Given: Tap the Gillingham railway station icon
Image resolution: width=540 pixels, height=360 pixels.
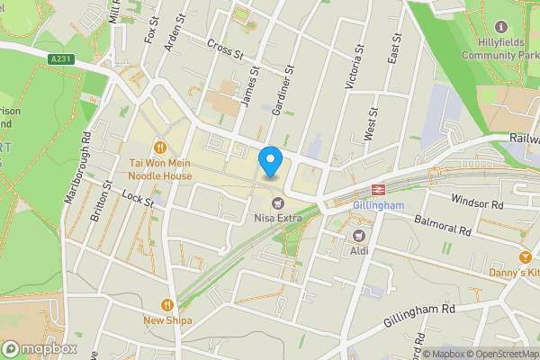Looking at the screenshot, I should coord(378,190).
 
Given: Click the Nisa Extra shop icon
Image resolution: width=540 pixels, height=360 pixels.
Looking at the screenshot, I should coord(277,202).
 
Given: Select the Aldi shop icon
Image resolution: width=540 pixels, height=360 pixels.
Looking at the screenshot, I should coord(358,235).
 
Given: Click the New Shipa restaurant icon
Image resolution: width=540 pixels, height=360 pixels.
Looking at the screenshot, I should coord(166,304).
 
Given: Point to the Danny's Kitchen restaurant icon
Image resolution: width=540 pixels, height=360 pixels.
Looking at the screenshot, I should coord(525,256).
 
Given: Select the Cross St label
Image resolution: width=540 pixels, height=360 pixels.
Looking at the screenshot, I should coord(226,49).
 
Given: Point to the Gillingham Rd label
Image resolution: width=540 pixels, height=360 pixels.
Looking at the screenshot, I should coord(419,314).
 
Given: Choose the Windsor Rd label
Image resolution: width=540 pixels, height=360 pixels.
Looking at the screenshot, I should coord(477,202).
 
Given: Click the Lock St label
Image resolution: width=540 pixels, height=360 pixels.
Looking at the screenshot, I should coord(138,199).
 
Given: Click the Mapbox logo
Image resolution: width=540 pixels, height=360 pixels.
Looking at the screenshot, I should coord(38,348).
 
